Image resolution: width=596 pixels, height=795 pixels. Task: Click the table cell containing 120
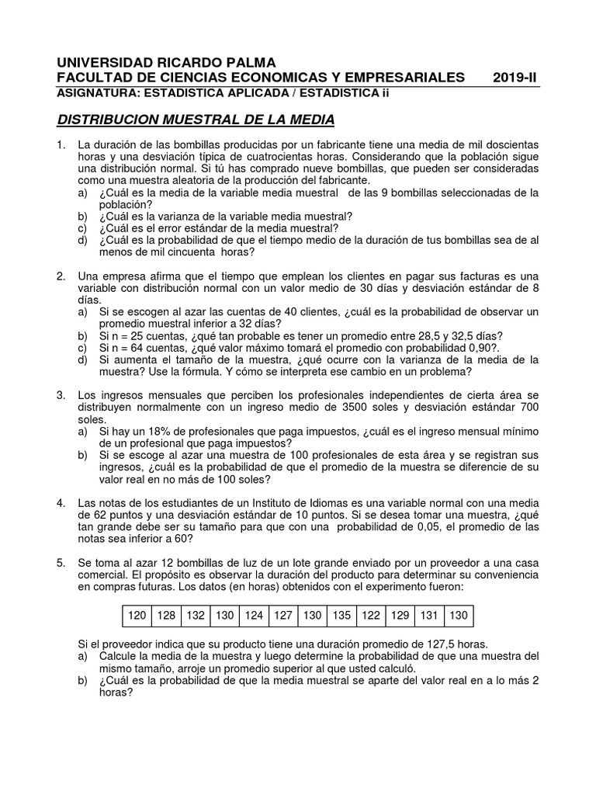coord(137,616)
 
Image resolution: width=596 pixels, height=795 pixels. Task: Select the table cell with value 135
coord(341,616)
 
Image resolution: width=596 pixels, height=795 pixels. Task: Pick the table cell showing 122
coord(371,616)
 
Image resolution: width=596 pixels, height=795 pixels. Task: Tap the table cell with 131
coord(429,616)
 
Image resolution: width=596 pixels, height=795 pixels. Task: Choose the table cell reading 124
coord(254,616)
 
